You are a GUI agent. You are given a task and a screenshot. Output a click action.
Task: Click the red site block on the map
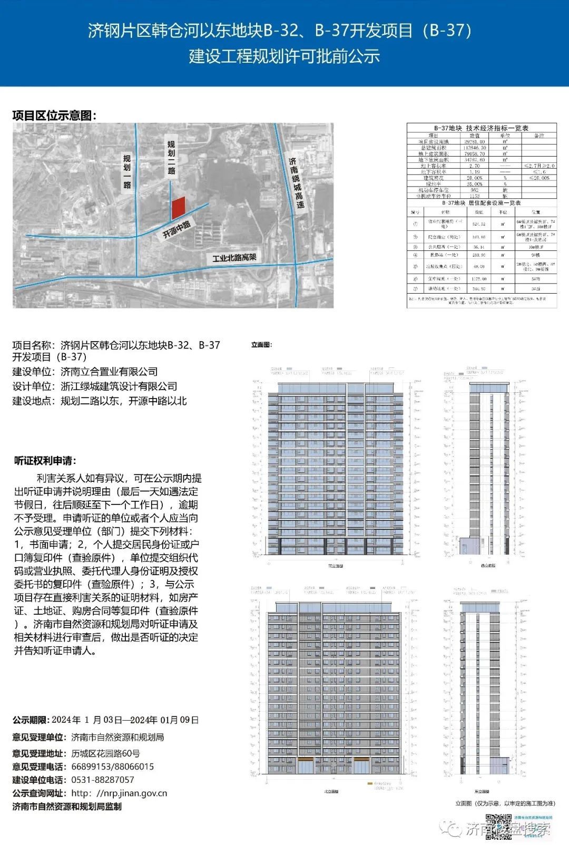179,208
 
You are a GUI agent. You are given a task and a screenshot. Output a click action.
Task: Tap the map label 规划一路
127,172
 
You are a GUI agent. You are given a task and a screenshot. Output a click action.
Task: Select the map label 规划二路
171,157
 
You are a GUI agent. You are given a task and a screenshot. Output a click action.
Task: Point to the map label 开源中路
176,229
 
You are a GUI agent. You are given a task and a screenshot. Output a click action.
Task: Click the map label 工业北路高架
234,258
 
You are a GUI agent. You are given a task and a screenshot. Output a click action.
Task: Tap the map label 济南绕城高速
296,182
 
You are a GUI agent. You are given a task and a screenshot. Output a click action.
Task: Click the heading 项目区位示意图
54,115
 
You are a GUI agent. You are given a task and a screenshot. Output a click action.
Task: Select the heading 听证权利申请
45,460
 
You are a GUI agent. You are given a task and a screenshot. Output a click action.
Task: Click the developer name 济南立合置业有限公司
109,372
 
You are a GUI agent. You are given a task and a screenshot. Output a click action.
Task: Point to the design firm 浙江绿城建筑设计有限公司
119,386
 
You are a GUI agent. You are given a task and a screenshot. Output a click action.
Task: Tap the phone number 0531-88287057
103,780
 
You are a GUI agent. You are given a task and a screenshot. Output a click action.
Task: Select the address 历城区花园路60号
106,753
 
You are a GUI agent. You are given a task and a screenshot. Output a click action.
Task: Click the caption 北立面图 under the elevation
331,792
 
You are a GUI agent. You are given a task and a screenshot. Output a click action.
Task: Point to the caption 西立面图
488,566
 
